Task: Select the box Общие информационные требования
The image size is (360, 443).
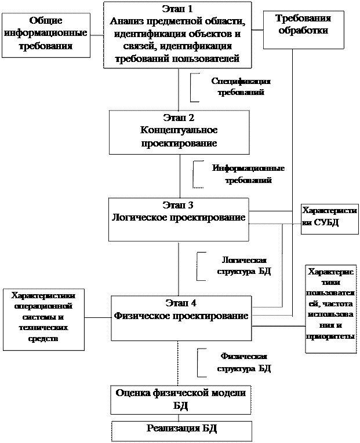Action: (x=45, y=34)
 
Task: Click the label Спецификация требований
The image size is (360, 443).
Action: (x=241, y=86)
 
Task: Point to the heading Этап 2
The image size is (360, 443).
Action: (x=180, y=118)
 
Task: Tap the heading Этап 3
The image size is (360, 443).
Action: (x=179, y=206)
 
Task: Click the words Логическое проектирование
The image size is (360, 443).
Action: (x=179, y=218)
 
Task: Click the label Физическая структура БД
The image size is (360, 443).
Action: (x=243, y=362)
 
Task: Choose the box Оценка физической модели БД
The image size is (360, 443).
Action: (x=181, y=398)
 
